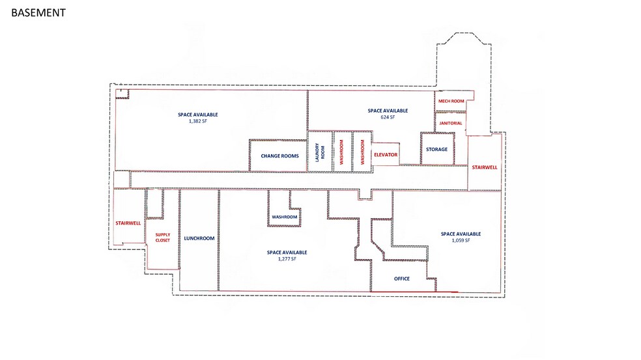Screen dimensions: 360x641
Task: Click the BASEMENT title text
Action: [38, 12]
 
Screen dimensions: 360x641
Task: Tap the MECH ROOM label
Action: [451, 101]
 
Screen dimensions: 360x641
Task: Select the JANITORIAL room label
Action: [451, 123]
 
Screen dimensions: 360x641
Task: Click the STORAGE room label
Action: [436, 150]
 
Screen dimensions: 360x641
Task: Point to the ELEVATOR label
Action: [385, 155]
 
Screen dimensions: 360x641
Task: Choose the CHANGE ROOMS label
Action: [279, 156]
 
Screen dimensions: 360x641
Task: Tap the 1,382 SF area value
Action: [198, 121]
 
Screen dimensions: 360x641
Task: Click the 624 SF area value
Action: [388, 118]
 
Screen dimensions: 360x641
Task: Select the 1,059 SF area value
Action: [460, 241]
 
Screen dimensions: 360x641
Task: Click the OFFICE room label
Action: [402, 279]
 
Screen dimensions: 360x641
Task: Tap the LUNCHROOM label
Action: [199, 238]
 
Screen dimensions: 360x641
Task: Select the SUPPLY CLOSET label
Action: [162, 237]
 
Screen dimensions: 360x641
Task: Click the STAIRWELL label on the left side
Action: [128, 223]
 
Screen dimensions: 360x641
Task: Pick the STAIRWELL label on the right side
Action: [484, 167]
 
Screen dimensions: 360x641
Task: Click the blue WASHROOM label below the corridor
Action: [285, 217]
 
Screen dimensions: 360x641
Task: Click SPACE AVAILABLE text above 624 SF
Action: [388, 111]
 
